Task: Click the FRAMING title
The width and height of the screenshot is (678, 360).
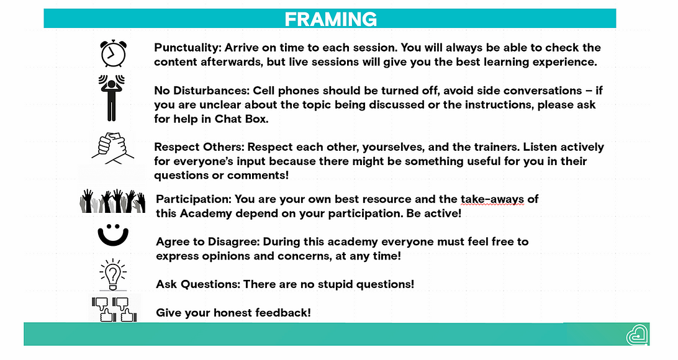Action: coord(330,19)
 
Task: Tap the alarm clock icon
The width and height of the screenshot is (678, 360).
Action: coord(113,53)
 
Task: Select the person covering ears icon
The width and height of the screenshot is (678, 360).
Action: coord(112,98)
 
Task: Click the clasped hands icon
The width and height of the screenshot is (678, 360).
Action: coord(113,148)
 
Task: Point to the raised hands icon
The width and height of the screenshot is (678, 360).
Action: coord(112,201)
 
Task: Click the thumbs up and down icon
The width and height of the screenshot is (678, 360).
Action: coord(114,310)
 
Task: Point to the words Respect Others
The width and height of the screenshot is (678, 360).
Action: coord(199,147)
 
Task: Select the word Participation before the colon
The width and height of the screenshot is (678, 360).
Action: coord(193,199)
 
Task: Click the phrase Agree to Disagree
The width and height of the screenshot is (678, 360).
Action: coord(207,241)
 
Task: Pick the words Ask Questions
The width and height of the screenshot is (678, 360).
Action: coord(197,284)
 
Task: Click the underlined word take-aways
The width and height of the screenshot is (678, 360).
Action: coord(492,199)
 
